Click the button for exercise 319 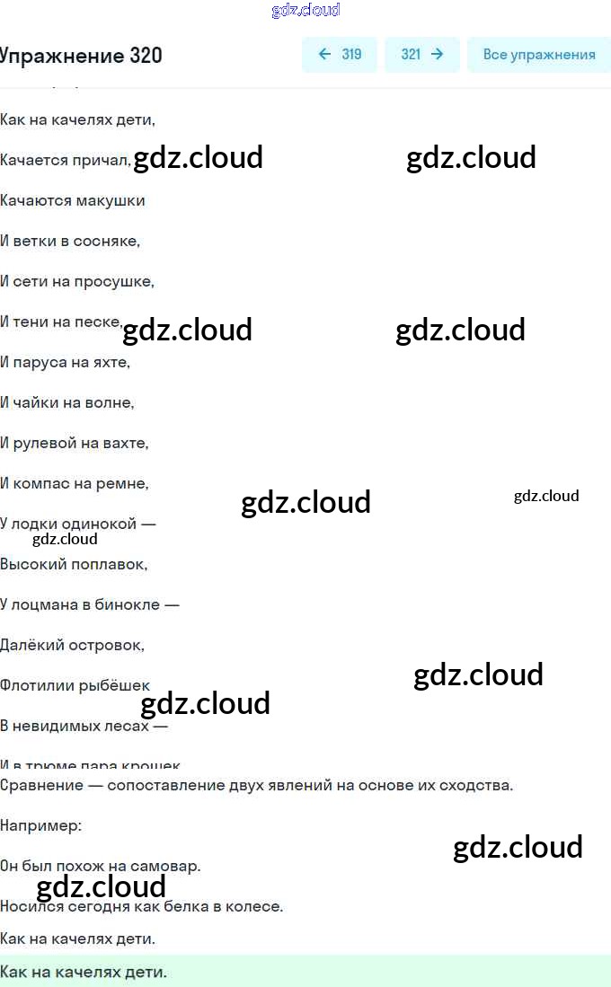340,55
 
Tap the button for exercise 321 421,55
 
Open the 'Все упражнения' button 538,55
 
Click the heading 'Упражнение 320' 81,56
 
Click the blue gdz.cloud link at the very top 305,10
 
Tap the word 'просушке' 120,281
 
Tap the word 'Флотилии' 36,685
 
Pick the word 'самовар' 166,867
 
